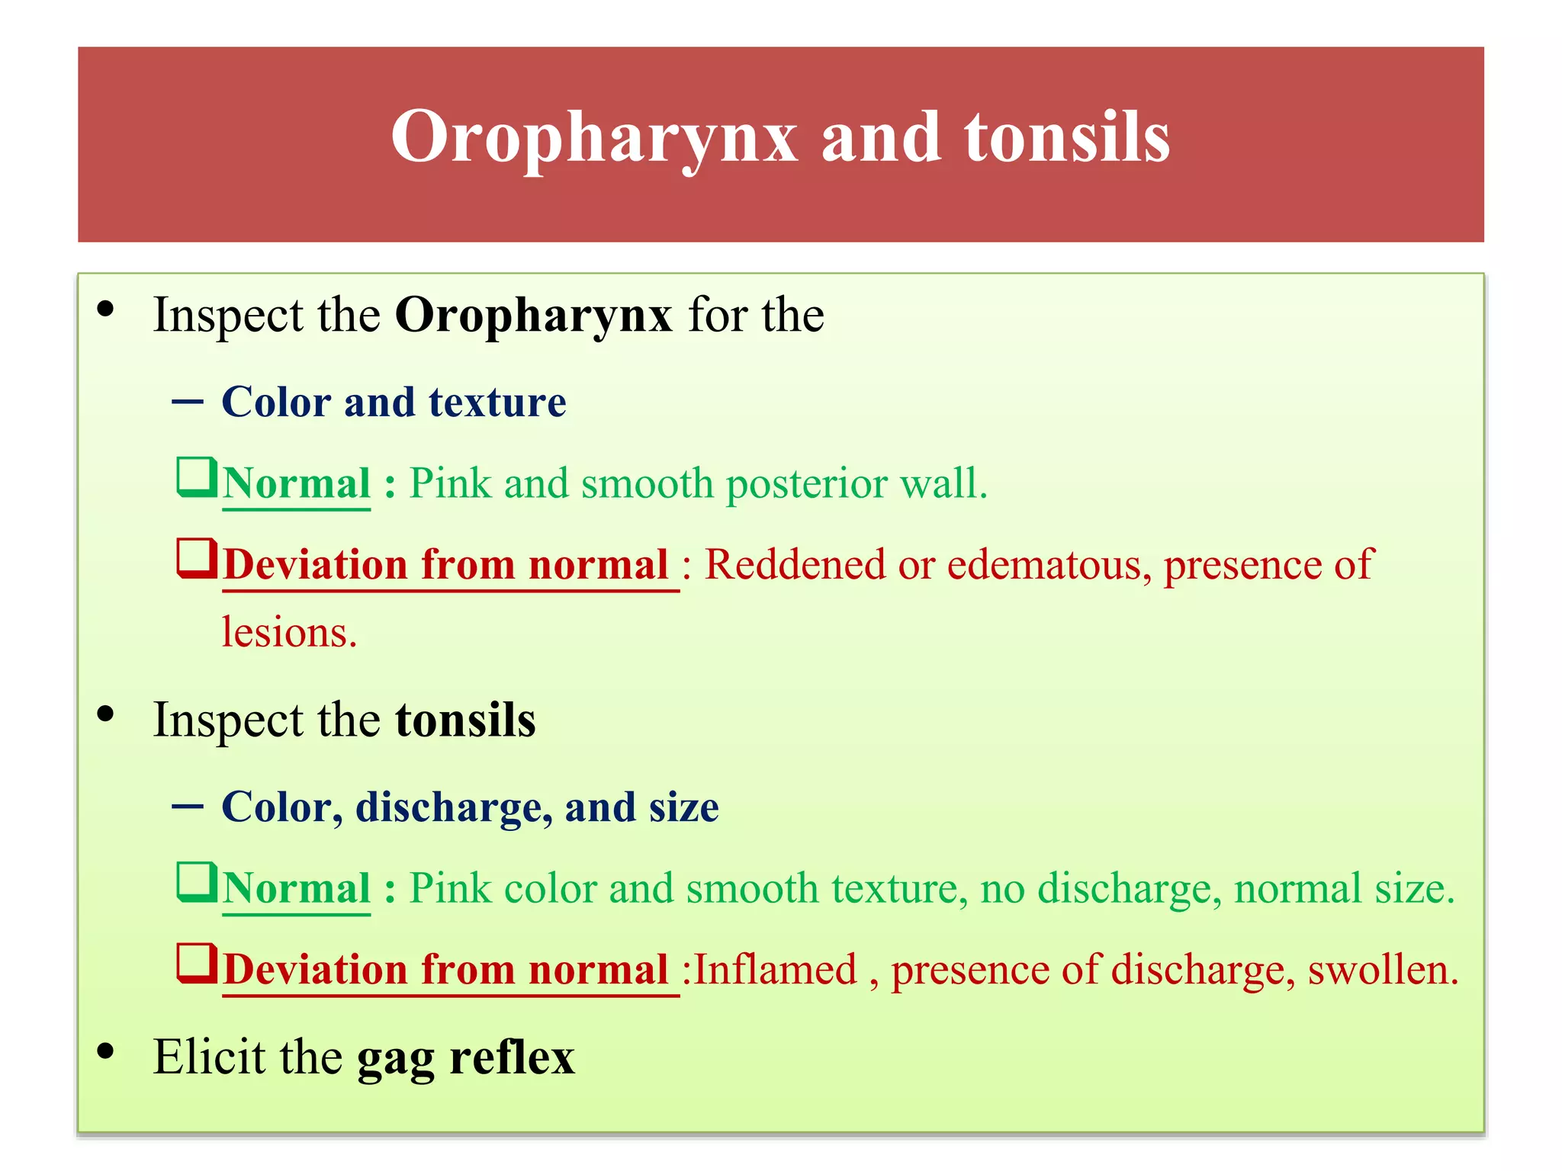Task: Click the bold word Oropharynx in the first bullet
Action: (x=533, y=316)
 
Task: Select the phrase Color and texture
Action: (x=394, y=402)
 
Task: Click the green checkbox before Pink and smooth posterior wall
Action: (x=196, y=476)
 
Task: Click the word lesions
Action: (x=289, y=633)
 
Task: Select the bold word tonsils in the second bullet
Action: (x=465, y=720)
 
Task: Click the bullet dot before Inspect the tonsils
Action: (x=106, y=714)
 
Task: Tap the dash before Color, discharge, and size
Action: (x=188, y=807)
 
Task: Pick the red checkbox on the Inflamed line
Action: (x=196, y=963)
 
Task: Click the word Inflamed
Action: (x=775, y=970)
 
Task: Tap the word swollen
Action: (x=1381, y=970)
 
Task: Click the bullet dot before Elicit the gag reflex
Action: (x=106, y=1051)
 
